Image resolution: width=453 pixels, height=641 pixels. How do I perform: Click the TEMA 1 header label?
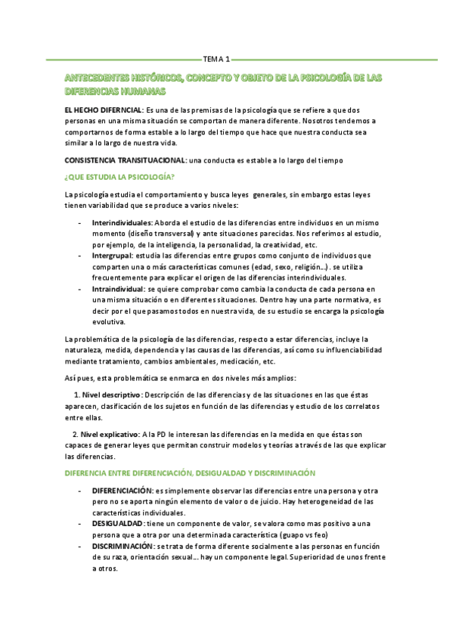[219, 58]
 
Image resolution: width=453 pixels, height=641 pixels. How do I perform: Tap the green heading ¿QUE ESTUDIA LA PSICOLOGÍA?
[120, 177]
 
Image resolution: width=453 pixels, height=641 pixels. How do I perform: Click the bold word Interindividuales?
[122, 224]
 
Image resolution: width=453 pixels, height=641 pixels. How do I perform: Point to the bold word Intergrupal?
[112, 256]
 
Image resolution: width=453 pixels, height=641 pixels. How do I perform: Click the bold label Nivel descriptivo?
[111, 395]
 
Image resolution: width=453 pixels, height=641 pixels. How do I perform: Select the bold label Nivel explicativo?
[110, 435]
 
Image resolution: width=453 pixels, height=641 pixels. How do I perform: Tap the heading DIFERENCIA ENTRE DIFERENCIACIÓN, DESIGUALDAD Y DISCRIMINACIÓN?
[190, 473]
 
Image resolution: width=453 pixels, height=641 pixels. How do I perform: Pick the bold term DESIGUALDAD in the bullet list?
[117, 524]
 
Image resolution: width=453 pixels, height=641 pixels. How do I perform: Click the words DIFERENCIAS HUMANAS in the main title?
[116, 91]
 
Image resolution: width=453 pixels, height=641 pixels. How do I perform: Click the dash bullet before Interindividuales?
[80, 224]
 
